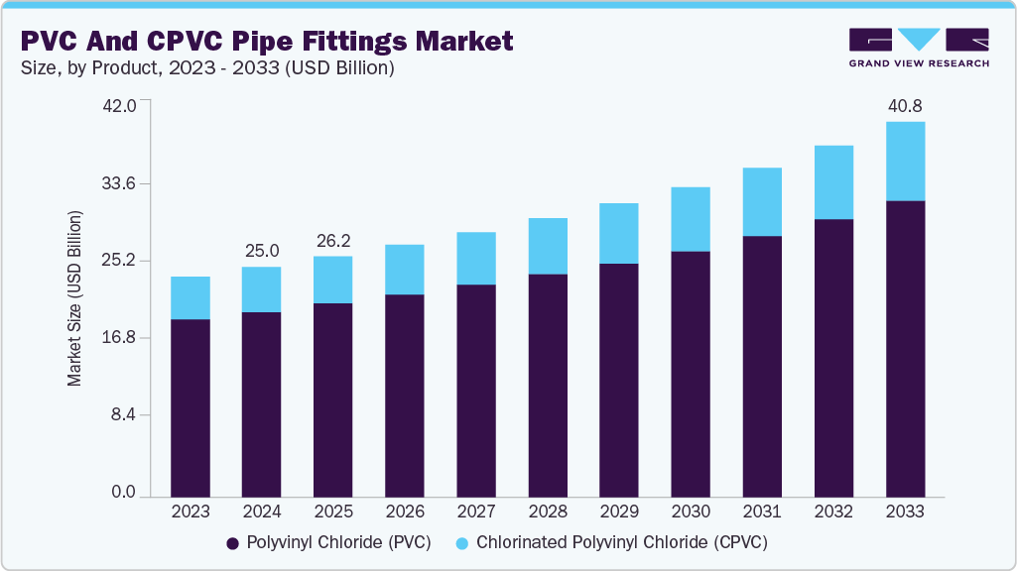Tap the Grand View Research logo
point(918,47)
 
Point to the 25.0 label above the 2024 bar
point(262,250)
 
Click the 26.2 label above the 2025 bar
point(332,240)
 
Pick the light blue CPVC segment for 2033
point(905,161)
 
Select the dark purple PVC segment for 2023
point(191,407)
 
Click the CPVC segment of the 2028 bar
point(548,246)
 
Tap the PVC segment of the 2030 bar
point(691,374)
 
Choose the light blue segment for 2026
point(405,270)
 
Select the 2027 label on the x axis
point(476,512)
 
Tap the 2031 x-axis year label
point(762,512)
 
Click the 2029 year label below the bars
point(619,512)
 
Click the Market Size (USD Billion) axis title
point(74,298)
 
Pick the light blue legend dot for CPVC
point(462,543)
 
